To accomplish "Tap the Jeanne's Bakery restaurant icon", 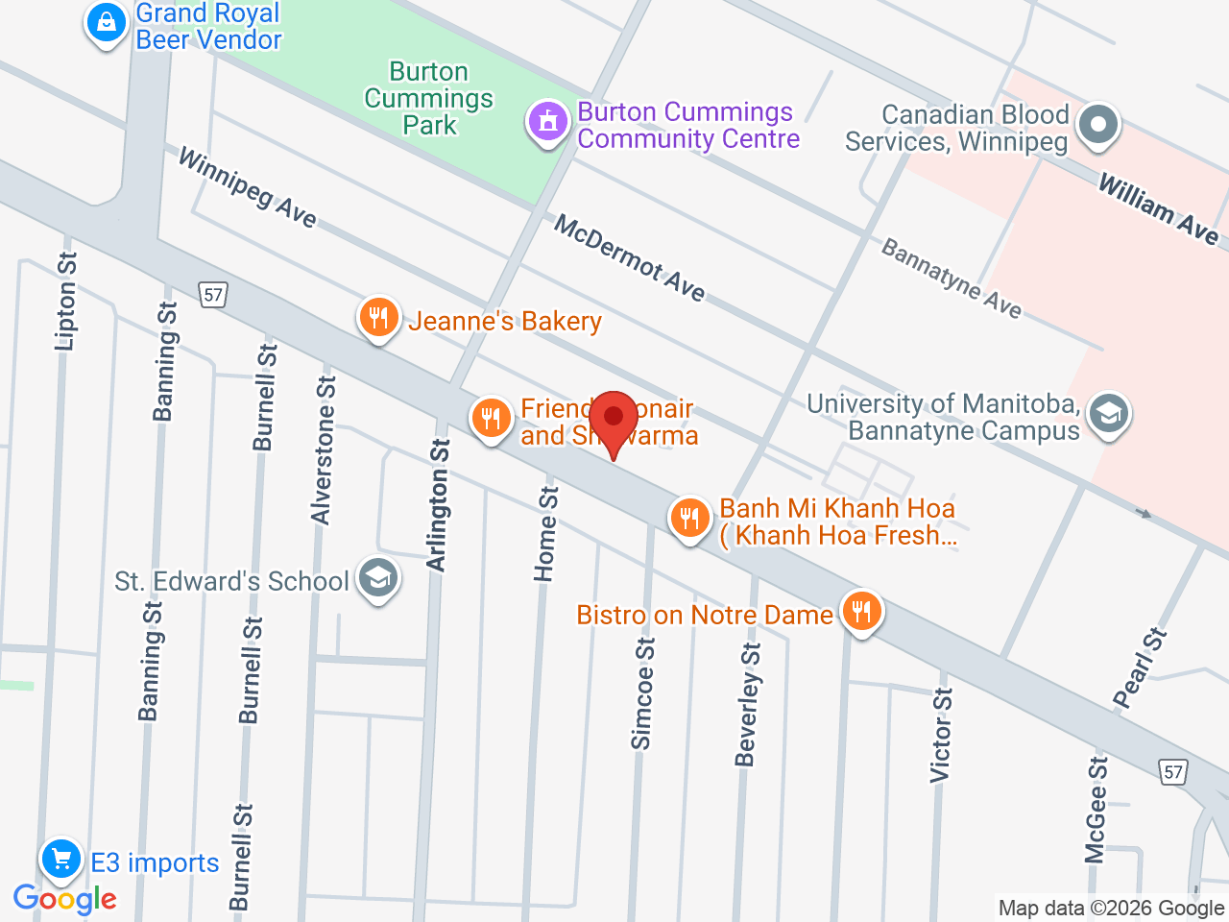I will tap(379, 318).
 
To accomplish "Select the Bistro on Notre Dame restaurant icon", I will tap(861, 611).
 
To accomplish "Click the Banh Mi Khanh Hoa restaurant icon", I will tap(689, 519).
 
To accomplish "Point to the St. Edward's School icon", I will tap(378, 579).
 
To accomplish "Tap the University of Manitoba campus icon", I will tap(1109, 415).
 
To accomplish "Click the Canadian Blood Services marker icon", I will tap(1098, 125).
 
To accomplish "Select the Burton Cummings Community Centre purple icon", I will tap(548, 122).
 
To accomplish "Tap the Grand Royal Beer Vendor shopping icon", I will tap(107, 21).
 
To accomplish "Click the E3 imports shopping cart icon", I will tap(61, 858).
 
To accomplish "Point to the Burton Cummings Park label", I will tap(429, 99).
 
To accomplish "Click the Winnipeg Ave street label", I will tap(247, 188).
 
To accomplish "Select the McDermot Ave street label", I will tap(629, 257).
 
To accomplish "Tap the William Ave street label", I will tap(1158, 209).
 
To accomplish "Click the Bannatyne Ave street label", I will tap(951, 279).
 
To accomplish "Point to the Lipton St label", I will tap(66, 301).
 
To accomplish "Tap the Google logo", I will tap(64, 900).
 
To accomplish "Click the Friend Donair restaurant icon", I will tap(491, 419).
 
